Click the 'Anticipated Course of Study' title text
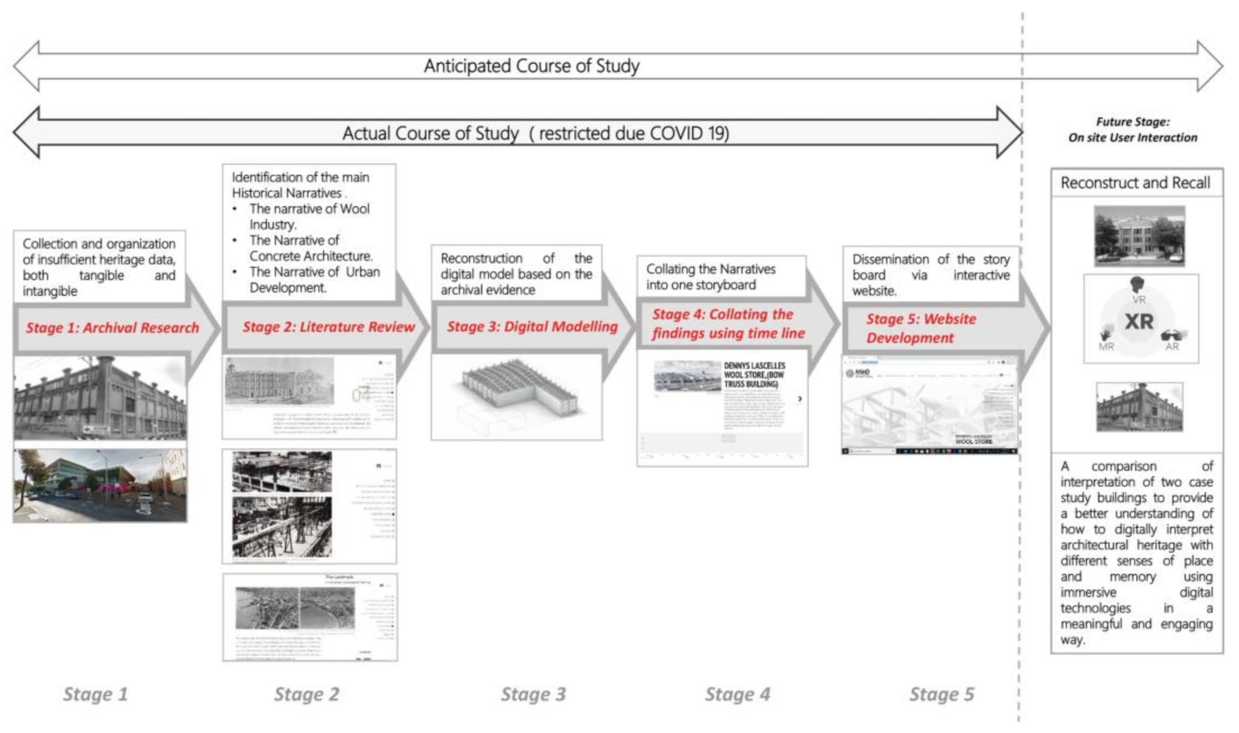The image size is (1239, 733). pos(531,66)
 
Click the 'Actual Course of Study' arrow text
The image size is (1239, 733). pos(535,134)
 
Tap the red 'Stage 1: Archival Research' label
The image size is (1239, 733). pos(112,328)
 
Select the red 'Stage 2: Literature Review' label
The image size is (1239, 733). pos(329,327)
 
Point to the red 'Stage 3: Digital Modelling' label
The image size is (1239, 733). pos(532,327)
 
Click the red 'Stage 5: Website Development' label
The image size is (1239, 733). pos(920,328)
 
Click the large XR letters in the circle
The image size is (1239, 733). pos(1139,322)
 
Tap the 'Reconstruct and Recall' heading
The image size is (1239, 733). pos(1135,183)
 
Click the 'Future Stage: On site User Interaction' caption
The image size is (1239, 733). pos(1132,130)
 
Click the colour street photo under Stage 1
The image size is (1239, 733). pos(100,486)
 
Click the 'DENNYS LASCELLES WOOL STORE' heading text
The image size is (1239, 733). pos(754,375)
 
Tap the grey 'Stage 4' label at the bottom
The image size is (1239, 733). pos(737,694)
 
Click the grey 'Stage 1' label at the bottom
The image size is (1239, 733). pos(95,694)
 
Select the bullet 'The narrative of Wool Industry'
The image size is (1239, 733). pos(309,217)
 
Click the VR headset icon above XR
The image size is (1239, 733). pos(1137,285)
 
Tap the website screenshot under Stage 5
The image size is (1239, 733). pos(930,404)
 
